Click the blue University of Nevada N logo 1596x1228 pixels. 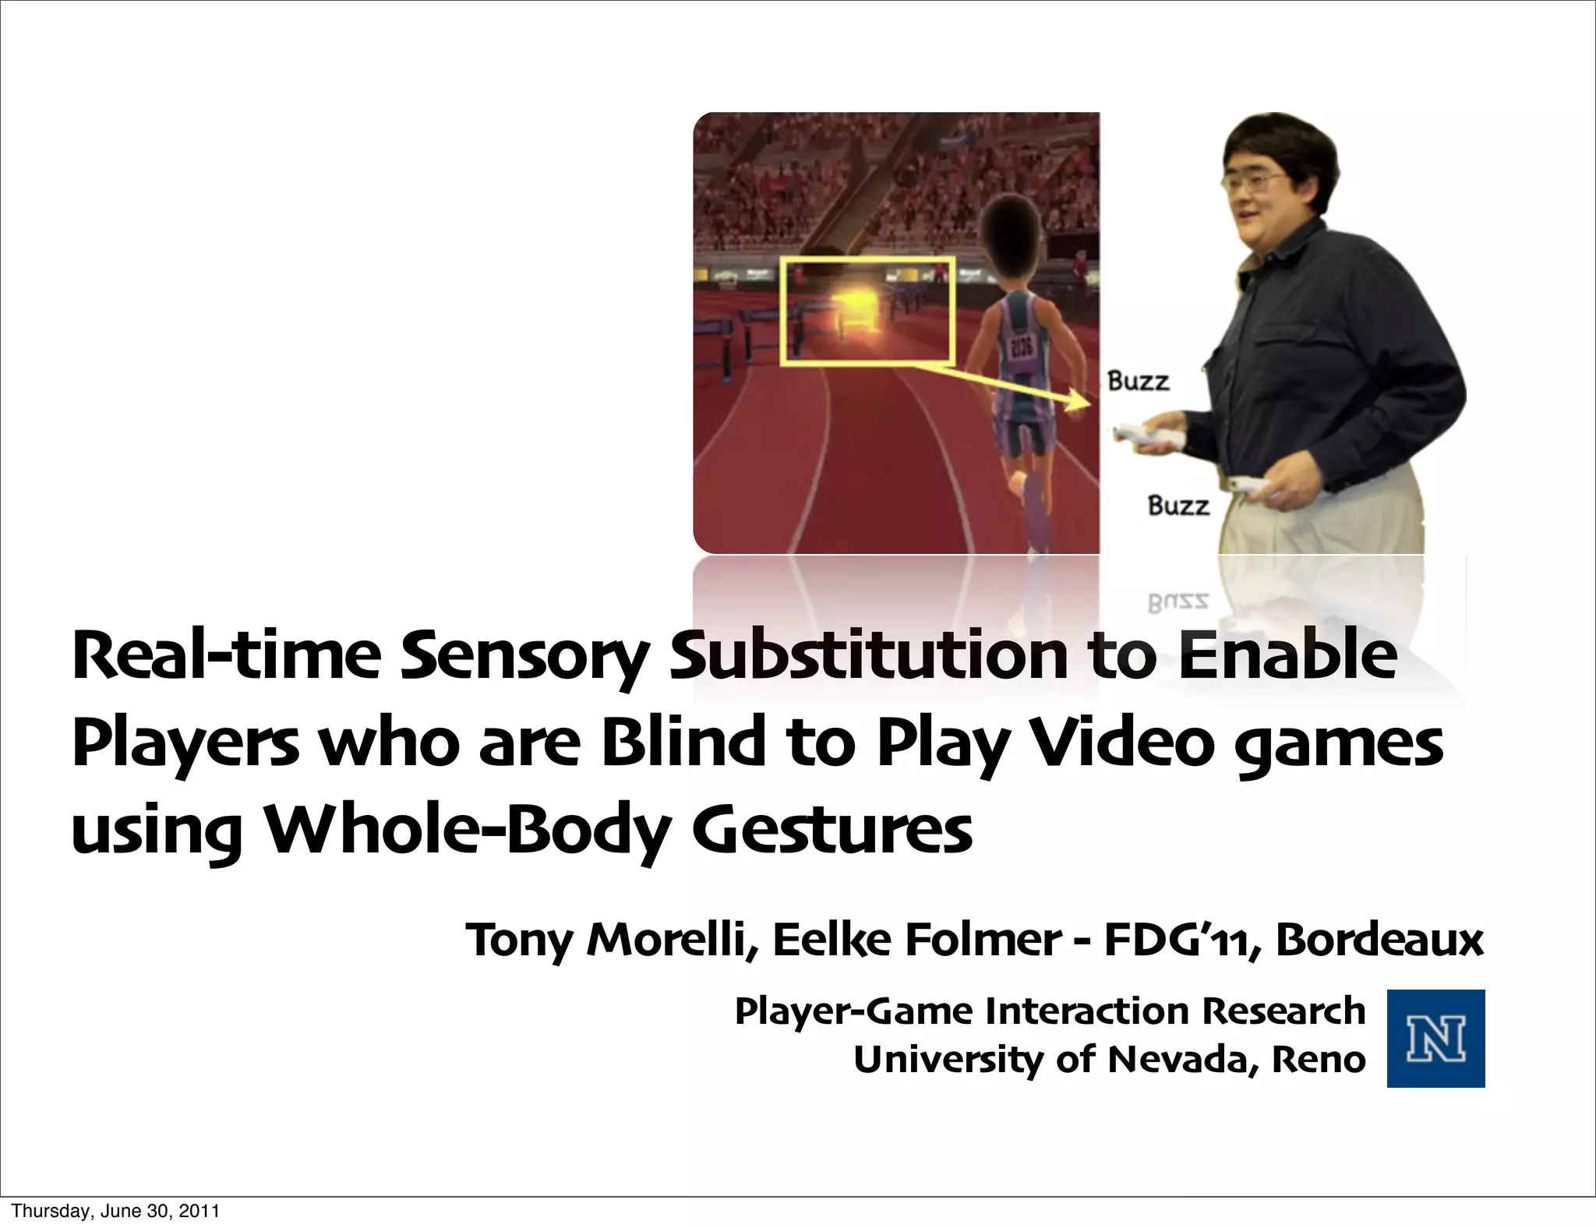[1435, 1038]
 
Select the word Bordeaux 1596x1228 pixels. [1379, 940]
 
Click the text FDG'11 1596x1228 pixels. [1178, 940]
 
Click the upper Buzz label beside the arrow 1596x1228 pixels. [1139, 382]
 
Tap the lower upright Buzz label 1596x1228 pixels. [1178, 506]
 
